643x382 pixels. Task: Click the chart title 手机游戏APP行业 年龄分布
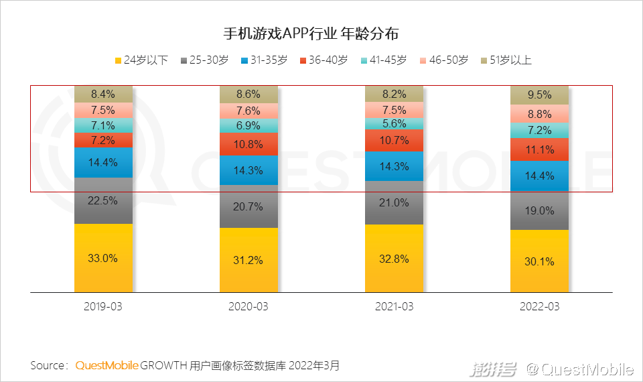click(314, 34)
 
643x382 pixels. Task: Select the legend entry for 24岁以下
click(141, 60)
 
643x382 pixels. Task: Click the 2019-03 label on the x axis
click(103, 306)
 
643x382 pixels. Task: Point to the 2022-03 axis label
click(539, 306)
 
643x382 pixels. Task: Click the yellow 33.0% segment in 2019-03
click(103, 258)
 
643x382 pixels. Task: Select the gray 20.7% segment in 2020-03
click(248, 207)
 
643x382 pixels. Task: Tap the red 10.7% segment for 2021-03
click(394, 140)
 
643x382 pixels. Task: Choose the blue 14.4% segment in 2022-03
click(539, 176)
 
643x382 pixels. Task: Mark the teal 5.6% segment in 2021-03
click(394, 123)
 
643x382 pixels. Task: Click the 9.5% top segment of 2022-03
click(539, 95)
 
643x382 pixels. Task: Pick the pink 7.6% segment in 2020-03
click(248, 111)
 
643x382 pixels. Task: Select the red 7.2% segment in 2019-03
click(103, 140)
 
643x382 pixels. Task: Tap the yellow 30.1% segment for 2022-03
click(539, 261)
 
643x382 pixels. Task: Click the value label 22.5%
click(103, 200)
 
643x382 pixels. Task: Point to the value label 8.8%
click(539, 114)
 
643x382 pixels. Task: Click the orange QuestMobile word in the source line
click(106, 366)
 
